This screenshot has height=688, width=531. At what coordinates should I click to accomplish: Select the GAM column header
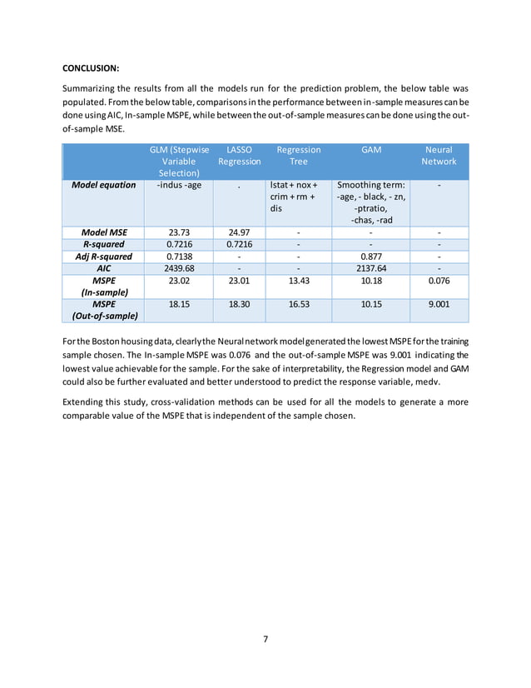point(370,150)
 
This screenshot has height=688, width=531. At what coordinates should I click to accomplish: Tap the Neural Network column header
point(439,156)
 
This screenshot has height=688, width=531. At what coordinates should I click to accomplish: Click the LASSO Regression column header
point(239,156)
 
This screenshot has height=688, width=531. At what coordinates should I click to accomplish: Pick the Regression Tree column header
point(298,156)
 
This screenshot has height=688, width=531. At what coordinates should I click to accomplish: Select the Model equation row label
point(104,185)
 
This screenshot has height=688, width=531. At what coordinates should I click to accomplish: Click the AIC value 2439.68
point(179,269)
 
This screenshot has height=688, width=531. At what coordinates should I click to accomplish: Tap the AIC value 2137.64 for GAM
point(370,269)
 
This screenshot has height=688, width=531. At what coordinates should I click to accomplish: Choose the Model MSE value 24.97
point(239,232)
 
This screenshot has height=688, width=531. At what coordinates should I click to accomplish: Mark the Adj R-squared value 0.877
point(370,257)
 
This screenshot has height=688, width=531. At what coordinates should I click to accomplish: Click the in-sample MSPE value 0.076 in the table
point(439,282)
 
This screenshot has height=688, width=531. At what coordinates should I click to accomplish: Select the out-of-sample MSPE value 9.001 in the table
point(439,305)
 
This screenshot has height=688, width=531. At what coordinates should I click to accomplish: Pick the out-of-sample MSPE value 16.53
point(298,305)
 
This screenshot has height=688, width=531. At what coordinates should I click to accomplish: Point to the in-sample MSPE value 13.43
point(298,282)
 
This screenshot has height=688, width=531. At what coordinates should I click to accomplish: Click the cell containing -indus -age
point(179,185)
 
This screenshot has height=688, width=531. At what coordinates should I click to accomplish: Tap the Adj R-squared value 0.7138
point(179,257)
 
